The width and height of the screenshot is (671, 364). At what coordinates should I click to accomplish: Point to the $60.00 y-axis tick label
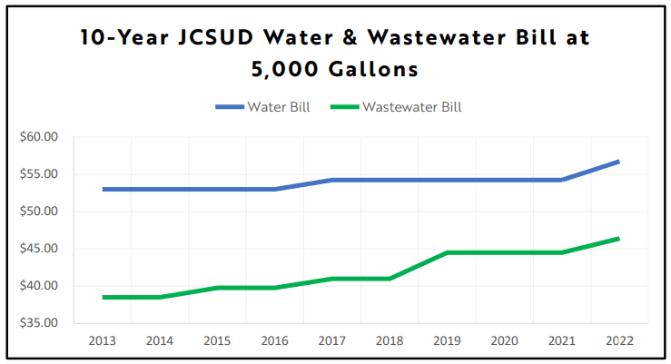(x=38, y=137)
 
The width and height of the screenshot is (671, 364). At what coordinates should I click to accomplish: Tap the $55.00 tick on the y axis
(x=38, y=174)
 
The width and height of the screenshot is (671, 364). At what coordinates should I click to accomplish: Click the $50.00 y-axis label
(x=38, y=212)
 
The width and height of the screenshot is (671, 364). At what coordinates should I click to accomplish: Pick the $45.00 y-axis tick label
(x=38, y=249)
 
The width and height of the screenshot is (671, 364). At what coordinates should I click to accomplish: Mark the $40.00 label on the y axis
(x=38, y=286)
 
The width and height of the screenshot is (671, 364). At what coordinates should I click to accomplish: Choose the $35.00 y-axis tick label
(x=38, y=323)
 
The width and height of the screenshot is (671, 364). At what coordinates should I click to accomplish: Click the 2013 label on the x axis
(x=103, y=340)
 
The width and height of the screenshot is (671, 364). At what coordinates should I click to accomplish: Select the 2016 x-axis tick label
(x=275, y=340)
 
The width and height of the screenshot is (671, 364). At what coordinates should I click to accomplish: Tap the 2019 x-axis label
(x=448, y=340)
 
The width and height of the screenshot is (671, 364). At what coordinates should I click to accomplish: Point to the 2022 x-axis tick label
(x=619, y=340)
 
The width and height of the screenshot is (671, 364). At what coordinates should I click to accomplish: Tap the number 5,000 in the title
(x=284, y=69)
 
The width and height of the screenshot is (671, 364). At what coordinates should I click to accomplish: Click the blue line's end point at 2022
(x=619, y=162)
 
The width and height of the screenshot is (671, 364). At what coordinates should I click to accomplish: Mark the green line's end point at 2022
(x=619, y=239)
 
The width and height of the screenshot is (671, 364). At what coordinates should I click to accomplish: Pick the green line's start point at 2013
(x=103, y=297)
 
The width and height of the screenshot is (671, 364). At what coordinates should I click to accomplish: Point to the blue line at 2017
(x=332, y=180)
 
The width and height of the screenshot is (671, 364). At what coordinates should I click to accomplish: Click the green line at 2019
(x=448, y=252)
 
